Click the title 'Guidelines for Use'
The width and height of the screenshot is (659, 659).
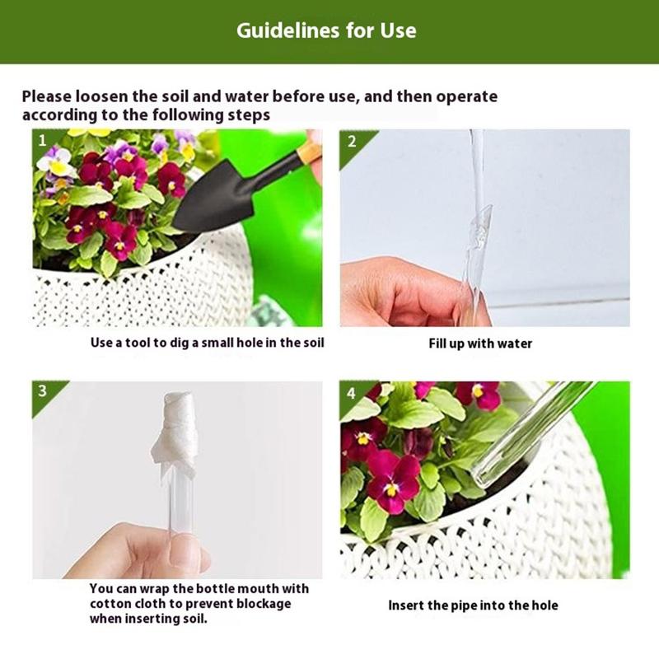click(326, 30)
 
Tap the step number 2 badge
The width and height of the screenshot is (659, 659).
click(353, 143)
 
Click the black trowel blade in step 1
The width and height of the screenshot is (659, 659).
click(206, 198)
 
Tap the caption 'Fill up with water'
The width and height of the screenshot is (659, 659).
click(480, 344)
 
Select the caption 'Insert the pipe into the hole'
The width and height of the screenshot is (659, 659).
click(473, 605)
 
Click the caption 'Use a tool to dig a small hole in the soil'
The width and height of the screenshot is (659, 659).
click(208, 343)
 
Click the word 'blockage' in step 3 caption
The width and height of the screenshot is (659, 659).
click(264, 604)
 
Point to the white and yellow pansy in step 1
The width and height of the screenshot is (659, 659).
click(55, 161)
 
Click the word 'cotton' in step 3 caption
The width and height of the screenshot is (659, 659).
click(112, 604)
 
